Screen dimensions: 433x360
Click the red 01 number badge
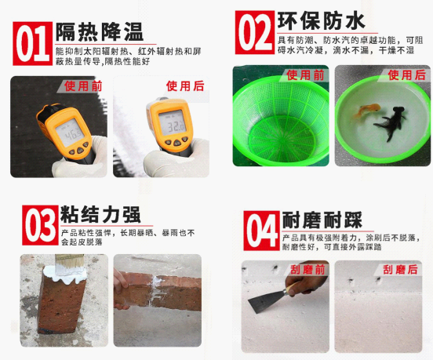coord(33,44)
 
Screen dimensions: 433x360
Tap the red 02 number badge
coord(255,32)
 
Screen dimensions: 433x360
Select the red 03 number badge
coord(40,225)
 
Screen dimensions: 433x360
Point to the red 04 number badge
coord(261,231)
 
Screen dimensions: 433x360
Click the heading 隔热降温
coord(100,32)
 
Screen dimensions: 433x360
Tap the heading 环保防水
coord(322,21)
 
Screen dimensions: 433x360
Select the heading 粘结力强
coord(100,214)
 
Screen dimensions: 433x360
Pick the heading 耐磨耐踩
coord(322,220)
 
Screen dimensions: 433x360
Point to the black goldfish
coord(391,123)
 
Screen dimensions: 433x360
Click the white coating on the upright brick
coord(66,275)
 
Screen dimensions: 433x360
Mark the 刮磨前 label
coord(308,270)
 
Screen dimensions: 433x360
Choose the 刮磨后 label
coord(400,270)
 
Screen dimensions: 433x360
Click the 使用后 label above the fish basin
coord(407,75)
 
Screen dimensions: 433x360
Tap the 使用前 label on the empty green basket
coord(305,75)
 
